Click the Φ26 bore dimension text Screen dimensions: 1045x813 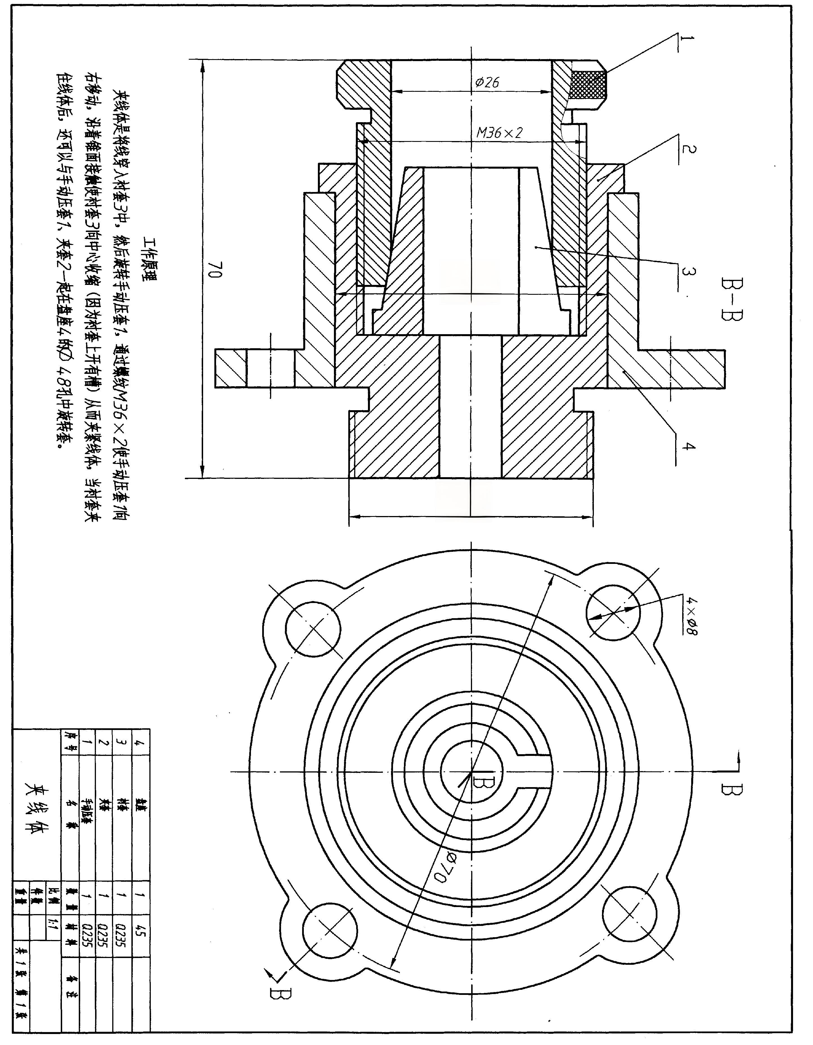pos(487,83)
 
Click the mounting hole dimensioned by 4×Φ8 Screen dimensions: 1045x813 pos(613,611)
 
